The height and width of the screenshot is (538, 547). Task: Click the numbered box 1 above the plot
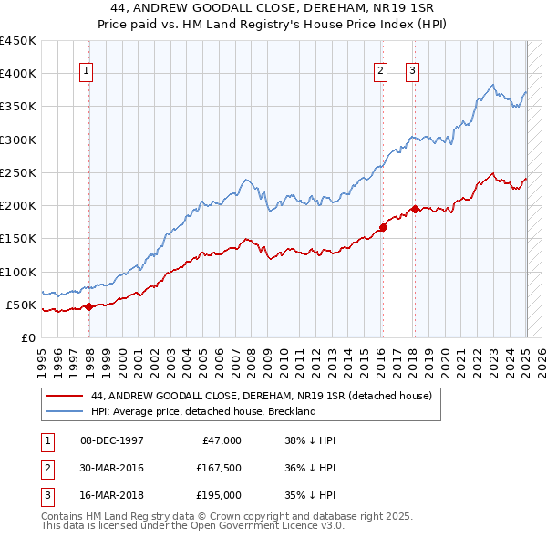point(86,71)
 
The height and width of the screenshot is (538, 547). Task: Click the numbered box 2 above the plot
point(380,71)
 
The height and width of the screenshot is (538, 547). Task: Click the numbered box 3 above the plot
point(412,71)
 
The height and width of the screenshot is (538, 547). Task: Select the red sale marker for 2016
point(383,228)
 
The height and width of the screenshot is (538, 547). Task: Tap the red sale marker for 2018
point(415,209)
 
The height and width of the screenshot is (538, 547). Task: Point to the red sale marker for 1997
point(88,307)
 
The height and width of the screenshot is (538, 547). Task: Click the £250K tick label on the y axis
point(18,172)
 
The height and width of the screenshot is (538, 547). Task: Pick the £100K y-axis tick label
point(18,272)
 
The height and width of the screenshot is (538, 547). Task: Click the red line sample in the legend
point(64,396)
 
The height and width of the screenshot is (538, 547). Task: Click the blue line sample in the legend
point(64,411)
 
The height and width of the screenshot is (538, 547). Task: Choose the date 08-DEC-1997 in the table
point(112,440)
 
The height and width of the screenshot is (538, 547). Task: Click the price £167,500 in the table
point(219,468)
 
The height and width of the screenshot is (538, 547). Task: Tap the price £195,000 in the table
point(219,495)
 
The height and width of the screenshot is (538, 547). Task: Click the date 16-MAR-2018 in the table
point(112,495)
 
